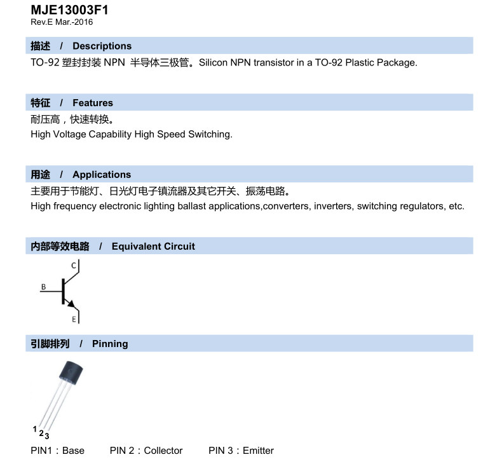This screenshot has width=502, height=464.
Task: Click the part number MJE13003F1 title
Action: (69, 10)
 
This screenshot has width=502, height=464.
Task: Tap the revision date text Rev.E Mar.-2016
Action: (62, 22)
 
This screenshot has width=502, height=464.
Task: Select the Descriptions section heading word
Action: (102, 46)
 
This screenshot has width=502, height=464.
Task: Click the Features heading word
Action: (93, 103)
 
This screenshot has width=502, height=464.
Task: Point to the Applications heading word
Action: (102, 175)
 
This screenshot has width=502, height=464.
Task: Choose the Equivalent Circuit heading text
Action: (153, 247)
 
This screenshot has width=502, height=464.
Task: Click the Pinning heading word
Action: (110, 344)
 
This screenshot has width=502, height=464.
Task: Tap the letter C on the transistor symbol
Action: (73, 265)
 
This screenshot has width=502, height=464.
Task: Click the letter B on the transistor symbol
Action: (43, 287)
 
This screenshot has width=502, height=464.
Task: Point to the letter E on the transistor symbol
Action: (74, 318)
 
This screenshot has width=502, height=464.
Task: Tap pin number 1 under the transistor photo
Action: (35, 430)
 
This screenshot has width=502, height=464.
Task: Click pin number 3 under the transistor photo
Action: (47, 436)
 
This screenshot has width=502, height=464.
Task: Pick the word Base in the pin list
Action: (73, 451)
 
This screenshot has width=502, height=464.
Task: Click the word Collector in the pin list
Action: (163, 451)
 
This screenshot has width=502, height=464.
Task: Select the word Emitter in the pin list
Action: (258, 451)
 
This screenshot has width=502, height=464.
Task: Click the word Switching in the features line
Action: (209, 135)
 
